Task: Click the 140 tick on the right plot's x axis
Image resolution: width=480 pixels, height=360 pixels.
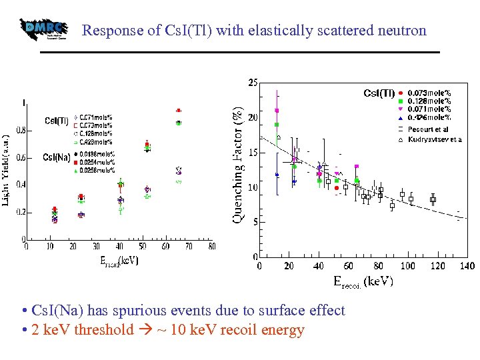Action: pos(466,266)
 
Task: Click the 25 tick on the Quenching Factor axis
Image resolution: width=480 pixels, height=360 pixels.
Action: pos(253,83)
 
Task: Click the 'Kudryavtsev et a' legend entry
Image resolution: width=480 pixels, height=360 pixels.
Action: pos(433,139)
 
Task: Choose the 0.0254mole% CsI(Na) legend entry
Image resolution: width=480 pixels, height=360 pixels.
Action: pos(97,162)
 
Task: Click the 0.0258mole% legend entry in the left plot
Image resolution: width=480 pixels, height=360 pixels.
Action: pos(97,170)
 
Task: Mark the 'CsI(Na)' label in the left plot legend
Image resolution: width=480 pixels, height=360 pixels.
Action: pos(57,157)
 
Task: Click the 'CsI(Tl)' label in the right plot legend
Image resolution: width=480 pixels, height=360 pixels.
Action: pos(379,93)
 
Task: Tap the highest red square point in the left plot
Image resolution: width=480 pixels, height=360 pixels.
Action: pos(178,111)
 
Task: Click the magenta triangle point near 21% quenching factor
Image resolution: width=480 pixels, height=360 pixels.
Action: pos(277,111)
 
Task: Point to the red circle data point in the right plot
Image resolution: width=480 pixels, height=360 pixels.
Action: pos(337,188)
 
